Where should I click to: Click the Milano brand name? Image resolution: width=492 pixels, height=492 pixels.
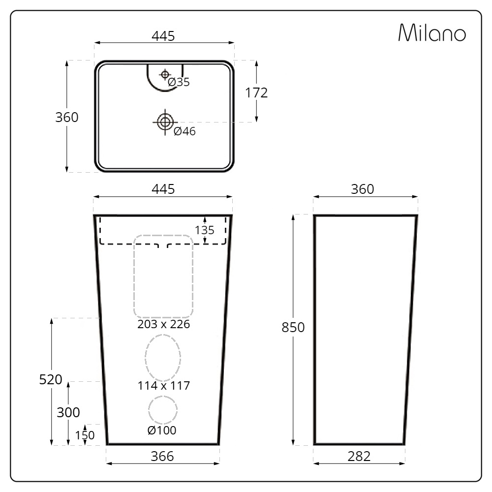[432, 32]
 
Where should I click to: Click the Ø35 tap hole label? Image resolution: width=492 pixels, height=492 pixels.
[179, 82]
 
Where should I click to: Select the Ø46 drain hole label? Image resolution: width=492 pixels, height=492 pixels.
[184, 131]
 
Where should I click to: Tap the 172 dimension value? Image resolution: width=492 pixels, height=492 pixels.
[256, 93]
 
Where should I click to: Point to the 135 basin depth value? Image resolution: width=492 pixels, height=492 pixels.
[205, 230]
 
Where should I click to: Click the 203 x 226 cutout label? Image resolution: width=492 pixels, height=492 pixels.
[163, 324]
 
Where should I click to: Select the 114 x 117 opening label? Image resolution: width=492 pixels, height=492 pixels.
[164, 386]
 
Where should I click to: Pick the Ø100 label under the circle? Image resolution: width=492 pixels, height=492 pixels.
[162, 430]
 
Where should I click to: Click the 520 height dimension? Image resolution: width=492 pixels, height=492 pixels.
[51, 380]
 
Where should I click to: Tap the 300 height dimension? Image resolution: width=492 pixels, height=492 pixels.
[68, 412]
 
